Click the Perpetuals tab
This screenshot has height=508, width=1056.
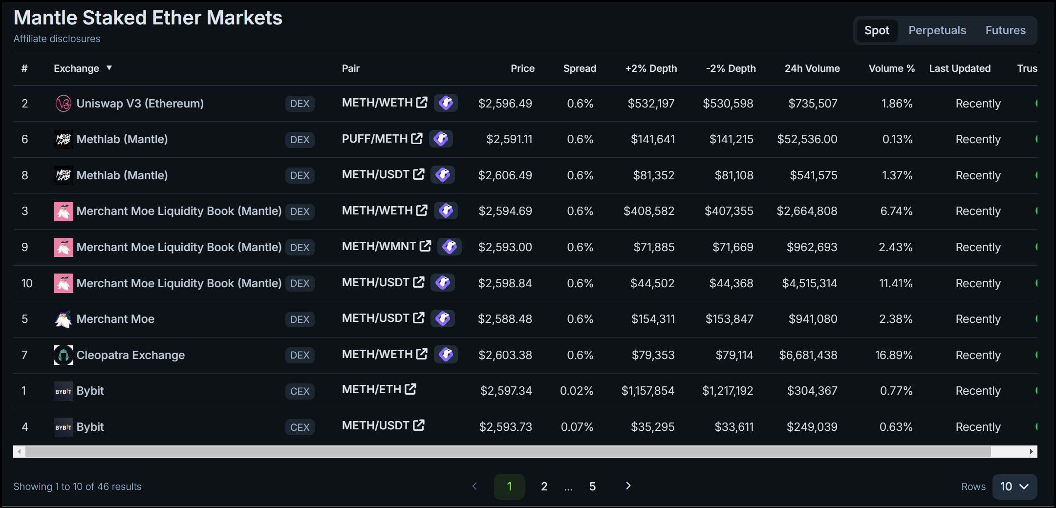pyautogui.click(x=937, y=30)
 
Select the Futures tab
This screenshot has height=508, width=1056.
pyautogui.click(x=1005, y=30)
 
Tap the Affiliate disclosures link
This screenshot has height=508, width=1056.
pyautogui.click(x=57, y=39)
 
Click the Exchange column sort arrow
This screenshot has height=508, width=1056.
pyautogui.click(x=109, y=68)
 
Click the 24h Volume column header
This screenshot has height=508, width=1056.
pyautogui.click(x=812, y=68)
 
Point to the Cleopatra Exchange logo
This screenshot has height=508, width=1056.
pyautogui.click(x=63, y=355)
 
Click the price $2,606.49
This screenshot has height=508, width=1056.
pyautogui.click(x=505, y=175)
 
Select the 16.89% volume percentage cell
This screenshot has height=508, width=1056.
pyautogui.click(x=893, y=355)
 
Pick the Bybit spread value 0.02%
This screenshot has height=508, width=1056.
pyautogui.click(x=576, y=391)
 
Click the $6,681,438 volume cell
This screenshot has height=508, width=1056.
pyautogui.click(x=808, y=355)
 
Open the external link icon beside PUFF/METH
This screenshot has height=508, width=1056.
pyautogui.click(x=417, y=139)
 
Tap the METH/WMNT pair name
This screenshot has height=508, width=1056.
pyautogui.click(x=379, y=247)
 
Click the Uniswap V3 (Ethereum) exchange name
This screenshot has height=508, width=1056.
pyautogui.click(x=140, y=104)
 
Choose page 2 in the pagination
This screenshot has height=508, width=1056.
pyautogui.click(x=544, y=487)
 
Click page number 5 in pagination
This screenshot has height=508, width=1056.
pyautogui.click(x=592, y=487)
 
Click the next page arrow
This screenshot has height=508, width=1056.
pyautogui.click(x=628, y=486)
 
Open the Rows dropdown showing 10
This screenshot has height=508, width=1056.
pyautogui.click(x=1014, y=487)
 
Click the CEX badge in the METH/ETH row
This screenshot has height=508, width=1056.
pyautogui.click(x=300, y=391)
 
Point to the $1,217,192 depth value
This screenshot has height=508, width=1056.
pyautogui.click(x=727, y=391)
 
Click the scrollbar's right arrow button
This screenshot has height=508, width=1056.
pyautogui.click(x=1031, y=452)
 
